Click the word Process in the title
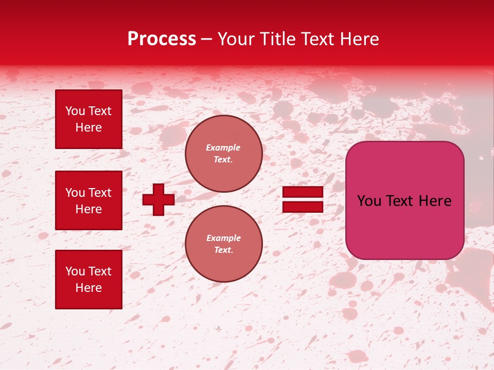(x=162, y=39)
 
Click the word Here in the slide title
(x=361, y=39)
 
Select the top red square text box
(x=89, y=119)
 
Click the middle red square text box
(x=89, y=200)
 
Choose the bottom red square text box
(x=89, y=279)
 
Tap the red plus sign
(x=158, y=199)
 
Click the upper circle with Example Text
(x=223, y=154)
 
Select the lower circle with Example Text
(x=223, y=244)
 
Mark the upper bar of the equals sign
(x=303, y=192)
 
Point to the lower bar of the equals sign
(x=303, y=207)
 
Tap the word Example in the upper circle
(x=223, y=147)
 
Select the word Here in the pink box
(x=435, y=201)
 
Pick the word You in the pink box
(x=368, y=201)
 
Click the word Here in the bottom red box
(x=89, y=288)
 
